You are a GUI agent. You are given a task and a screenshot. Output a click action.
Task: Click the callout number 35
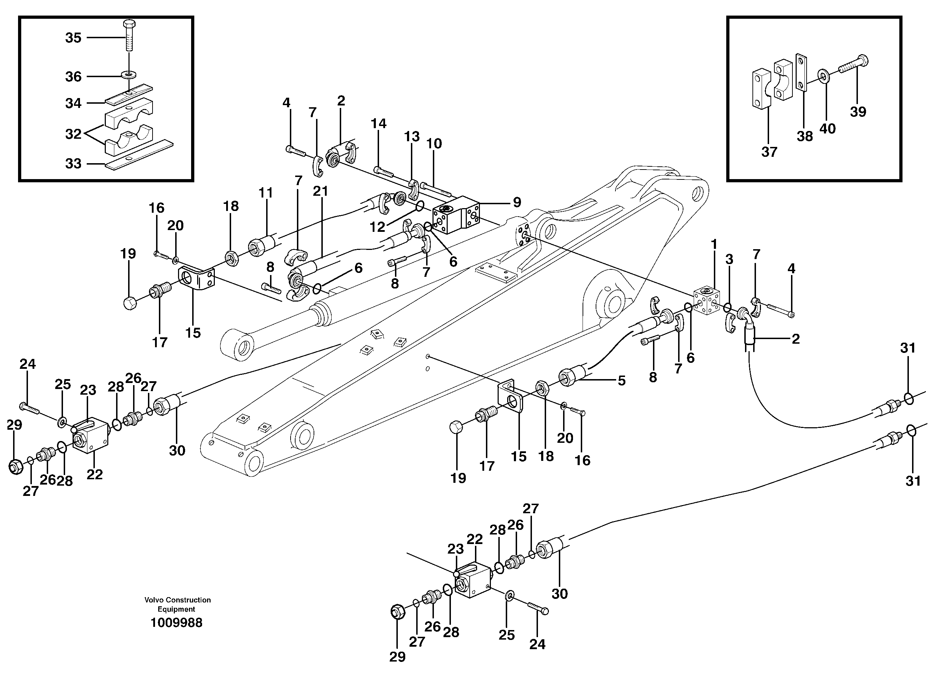tap(73, 38)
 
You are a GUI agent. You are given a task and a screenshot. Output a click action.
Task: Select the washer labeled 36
tap(129, 75)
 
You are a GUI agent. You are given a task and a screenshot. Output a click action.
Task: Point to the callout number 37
tap(769, 152)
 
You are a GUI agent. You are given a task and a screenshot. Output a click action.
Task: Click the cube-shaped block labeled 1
tap(706, 302)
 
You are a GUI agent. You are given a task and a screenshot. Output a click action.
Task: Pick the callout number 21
tap(320, 191)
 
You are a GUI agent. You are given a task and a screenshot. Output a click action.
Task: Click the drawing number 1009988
tap(176, 623)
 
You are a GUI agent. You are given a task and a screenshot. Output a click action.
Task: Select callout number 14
tap(378, 123)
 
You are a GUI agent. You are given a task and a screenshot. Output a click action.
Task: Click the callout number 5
tap(621, 381)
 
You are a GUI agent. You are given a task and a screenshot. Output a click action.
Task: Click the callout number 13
tap(411, 136)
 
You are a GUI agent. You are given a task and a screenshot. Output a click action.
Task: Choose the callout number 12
tap(377, 227)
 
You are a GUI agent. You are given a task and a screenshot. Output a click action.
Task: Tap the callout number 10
tap(434, 143)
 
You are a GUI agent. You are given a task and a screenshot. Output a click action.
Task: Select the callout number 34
tap(73, 103)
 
